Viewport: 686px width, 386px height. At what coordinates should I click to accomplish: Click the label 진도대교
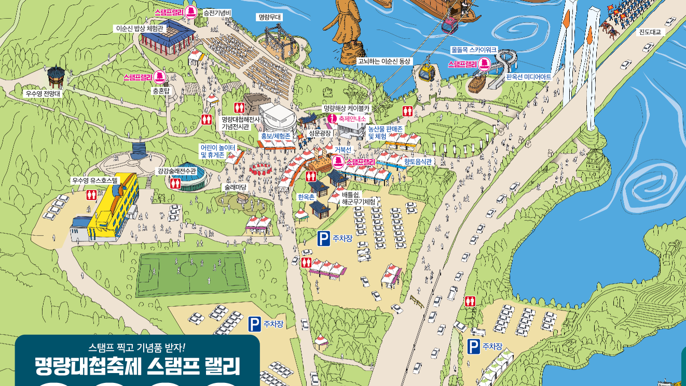point(650,32)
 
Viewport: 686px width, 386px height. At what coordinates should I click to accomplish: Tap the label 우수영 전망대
point(44,94)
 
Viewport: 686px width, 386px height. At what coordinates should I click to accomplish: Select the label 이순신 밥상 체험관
point(140,28)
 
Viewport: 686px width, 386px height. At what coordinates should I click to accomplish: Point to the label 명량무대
point(270,17)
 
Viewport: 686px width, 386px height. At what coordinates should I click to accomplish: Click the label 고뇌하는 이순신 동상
point(383,61)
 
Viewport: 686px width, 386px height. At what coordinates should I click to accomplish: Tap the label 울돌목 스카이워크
point(474,50)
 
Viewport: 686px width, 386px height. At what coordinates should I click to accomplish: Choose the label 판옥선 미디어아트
point(528,77)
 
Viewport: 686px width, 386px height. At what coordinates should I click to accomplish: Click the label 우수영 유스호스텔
point(95,181)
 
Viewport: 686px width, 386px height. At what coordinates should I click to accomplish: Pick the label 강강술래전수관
point(177,171)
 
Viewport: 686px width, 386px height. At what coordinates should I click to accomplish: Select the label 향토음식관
point(418,162)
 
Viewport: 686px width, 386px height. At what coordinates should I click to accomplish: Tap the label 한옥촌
point(306,197)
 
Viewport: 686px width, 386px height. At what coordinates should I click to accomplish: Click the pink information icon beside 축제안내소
point(332,119)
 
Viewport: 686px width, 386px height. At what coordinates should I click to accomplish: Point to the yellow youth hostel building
point(114,207)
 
